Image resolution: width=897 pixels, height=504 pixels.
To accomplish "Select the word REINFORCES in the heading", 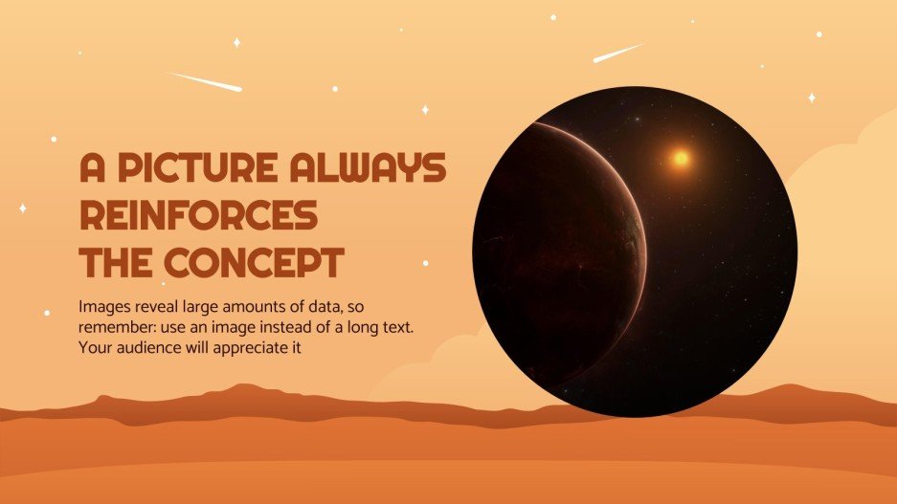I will (x=198, y=216).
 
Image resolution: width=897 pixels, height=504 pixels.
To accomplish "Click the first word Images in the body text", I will (x=105, y=309).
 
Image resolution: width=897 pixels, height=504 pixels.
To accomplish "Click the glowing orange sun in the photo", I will (x=680, y=158).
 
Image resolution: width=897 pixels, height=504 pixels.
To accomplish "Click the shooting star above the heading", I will (x=204, y=81).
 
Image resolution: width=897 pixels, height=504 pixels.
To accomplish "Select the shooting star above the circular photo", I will (x=617, y=53).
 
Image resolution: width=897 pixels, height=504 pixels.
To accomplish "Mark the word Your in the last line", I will (x=97, y=349).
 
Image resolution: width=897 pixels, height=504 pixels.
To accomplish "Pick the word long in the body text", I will (x=383, y=329).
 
